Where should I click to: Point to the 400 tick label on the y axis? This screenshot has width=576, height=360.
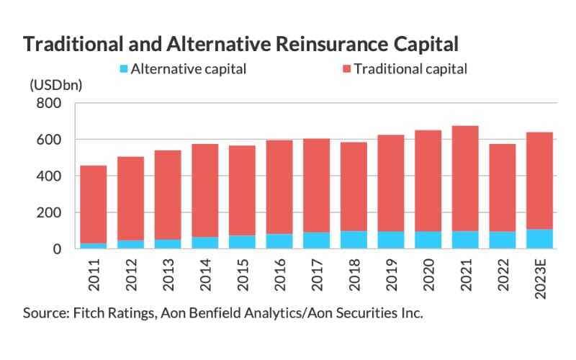click(49, 176)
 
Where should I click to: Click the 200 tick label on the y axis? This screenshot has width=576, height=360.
click(49, 213)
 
